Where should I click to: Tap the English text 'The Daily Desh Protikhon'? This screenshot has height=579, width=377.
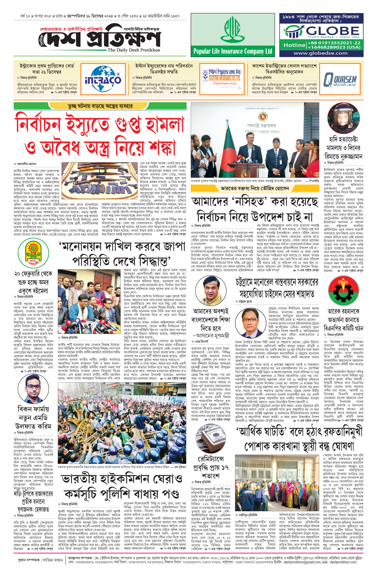pos(134,50)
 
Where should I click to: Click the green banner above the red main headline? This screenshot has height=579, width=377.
pos(100,106)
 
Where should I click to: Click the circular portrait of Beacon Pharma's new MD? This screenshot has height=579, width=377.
pos(33,390)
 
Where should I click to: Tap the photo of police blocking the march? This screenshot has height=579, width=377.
pos(122,423)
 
